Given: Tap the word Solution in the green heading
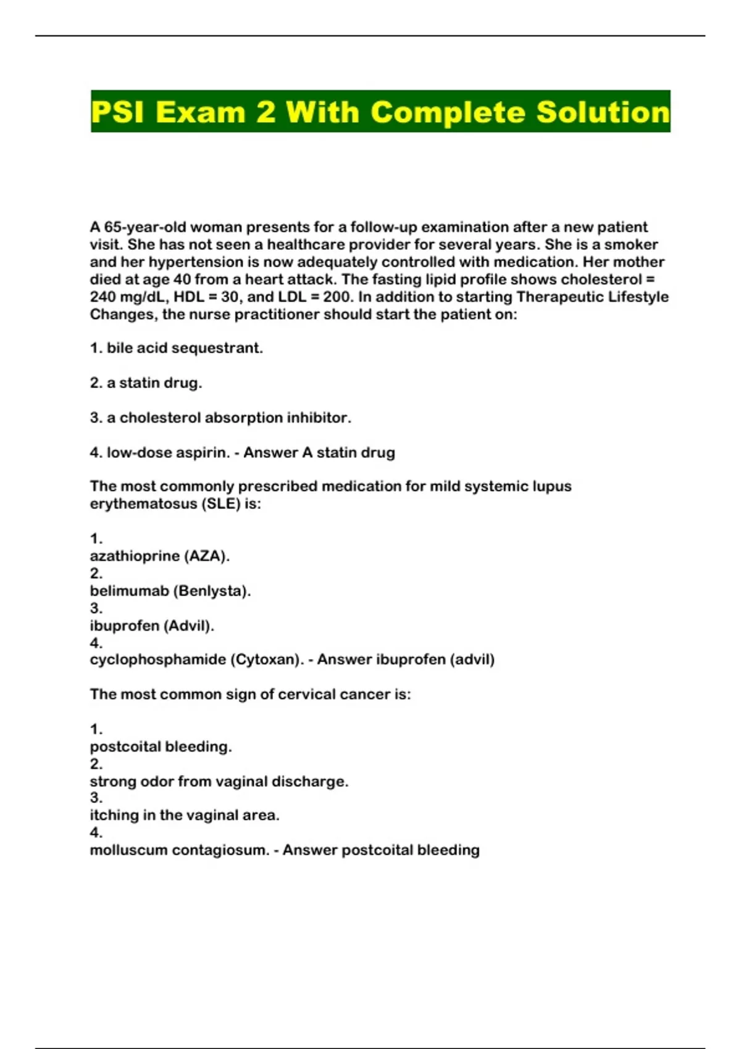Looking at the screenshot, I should pos(603,112).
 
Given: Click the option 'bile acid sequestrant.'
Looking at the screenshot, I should pos(184,348).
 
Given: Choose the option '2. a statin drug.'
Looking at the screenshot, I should pos(146,383).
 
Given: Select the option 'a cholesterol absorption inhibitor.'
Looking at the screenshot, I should pos(228,418).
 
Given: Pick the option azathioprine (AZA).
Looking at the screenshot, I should pos(159,556).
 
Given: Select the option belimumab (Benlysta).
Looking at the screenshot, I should pos(170,591).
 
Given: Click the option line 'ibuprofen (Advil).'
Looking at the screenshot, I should pos(152,626).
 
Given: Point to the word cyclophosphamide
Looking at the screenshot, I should pos(158,660).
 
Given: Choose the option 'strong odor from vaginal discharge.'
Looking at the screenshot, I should pos(219,781).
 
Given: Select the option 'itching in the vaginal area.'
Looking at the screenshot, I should pos(185,815).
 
